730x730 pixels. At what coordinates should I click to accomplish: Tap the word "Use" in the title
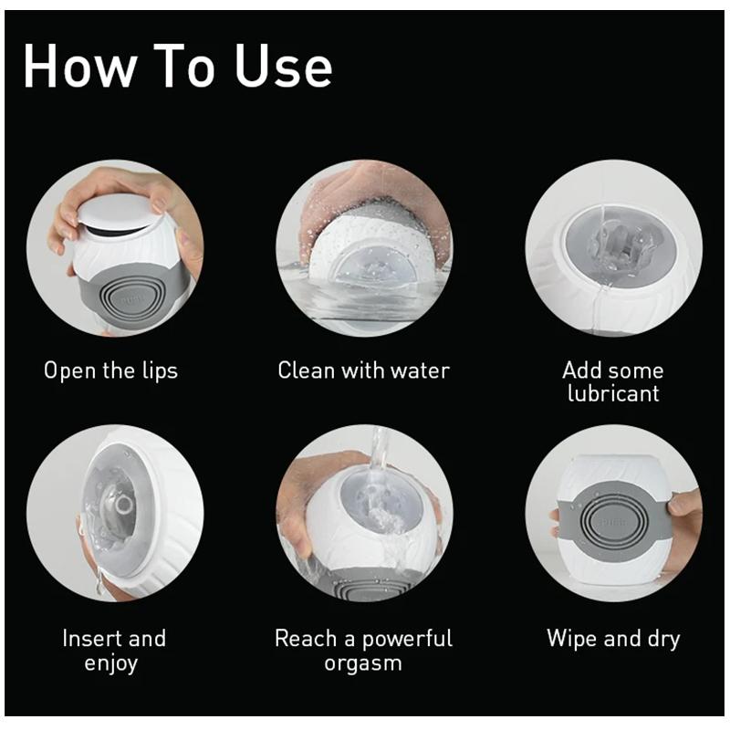283,65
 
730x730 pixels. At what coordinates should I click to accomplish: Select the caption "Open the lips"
110,371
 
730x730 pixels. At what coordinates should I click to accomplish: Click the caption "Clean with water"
363,370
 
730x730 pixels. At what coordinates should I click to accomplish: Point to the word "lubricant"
613,393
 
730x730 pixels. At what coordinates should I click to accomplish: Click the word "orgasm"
363,663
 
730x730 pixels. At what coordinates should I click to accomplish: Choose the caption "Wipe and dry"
613,639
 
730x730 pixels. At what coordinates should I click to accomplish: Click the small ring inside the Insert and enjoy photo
125,504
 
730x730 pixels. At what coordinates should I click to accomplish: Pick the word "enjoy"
110,663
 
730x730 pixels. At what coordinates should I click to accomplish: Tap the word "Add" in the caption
579,370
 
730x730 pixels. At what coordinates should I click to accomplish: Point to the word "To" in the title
184,65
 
